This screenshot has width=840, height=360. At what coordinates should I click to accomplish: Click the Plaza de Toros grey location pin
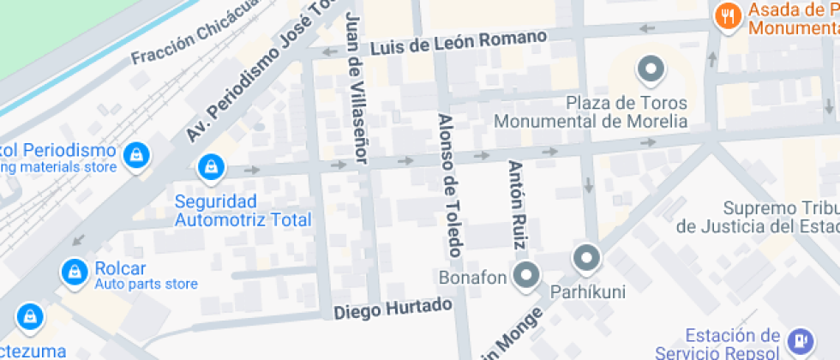[x=651, y=69]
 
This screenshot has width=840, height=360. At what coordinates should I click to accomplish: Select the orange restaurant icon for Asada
[x=728, y=16]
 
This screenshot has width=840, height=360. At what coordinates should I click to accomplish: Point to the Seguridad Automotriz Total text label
[x=243, y=211]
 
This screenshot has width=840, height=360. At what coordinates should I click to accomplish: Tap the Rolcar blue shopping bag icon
[x=75, y=272]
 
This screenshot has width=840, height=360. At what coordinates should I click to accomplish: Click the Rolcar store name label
[x=117, y=267]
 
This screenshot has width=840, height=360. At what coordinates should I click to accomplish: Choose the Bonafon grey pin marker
[x=525, y=275]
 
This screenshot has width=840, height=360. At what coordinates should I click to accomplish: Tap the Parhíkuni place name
[x=587, y=292]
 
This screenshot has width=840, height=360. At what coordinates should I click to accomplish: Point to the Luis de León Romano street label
[x=459, y=43]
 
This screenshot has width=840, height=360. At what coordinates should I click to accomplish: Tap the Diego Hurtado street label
[x=392, y=309]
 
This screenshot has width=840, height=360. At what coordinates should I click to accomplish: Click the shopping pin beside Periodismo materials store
[x=136, y=155]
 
